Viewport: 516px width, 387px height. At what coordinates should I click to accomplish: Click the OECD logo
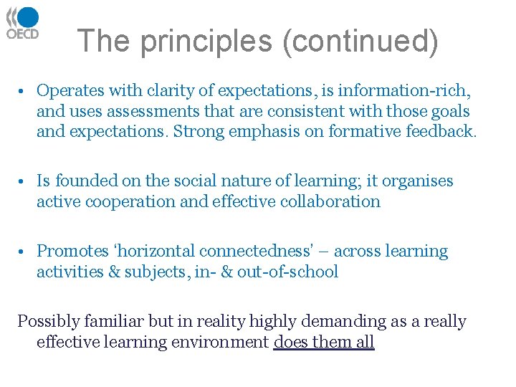22,24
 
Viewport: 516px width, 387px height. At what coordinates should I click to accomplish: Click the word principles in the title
206,41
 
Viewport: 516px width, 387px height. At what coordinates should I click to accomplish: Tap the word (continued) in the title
360,41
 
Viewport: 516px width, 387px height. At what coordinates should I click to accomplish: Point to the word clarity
170,91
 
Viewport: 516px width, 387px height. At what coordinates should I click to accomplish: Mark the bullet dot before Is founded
24,181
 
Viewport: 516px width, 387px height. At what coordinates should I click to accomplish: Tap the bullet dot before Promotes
24,252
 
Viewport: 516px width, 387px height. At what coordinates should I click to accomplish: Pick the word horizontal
153,252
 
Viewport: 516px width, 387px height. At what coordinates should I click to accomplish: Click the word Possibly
47,321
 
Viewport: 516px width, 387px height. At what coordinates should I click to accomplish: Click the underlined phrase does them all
324,342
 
